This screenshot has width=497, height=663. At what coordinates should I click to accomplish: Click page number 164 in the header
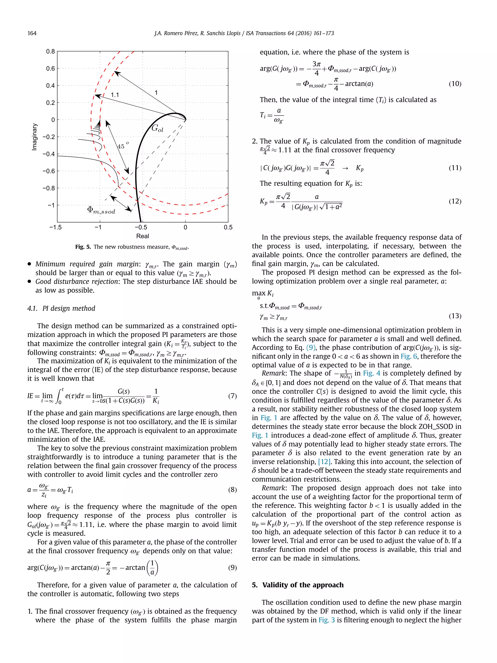32,33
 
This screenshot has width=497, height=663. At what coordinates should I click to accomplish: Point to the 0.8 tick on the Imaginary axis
50,51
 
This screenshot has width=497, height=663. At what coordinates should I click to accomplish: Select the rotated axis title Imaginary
35,137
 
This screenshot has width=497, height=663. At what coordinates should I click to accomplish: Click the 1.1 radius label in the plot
115,95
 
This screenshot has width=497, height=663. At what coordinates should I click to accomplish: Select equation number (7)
232,396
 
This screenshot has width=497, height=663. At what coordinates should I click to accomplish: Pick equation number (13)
455,316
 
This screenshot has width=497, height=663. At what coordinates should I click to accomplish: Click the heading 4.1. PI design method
61,308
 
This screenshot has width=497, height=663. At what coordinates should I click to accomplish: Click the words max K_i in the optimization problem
262,294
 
